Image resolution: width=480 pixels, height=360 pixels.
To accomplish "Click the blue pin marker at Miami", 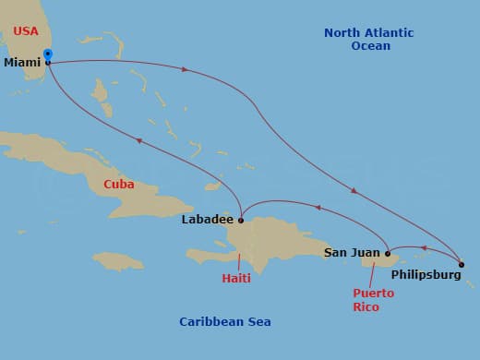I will (x=47, y=55).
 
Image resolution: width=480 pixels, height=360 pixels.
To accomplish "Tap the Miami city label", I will (x=22, y=63).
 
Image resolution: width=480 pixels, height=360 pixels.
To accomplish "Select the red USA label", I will (x=25, y=32).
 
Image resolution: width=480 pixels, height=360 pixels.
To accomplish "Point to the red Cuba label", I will (x=118, y=185).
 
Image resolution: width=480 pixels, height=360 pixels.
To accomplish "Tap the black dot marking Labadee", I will (x=241, y=220).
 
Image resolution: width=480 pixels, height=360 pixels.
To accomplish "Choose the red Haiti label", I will (x=236, y=278).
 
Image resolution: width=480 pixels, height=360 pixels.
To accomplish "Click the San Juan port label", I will (x=352, y=252).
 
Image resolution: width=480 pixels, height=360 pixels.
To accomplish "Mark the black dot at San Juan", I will (x=388, y=253).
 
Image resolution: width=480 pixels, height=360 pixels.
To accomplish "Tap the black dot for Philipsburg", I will (x=461, y=265).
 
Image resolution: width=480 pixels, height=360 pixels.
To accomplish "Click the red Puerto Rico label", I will (x=373, y=300).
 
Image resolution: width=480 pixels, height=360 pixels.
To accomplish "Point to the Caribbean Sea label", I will (x=225, y=321).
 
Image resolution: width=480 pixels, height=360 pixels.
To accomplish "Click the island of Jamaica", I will (x=119, y=261).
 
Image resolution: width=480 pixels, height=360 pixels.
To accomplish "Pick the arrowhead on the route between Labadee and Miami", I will (x=138, y=140).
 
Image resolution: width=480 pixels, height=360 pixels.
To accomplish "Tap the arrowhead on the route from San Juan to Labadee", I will (x=317, y=208).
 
